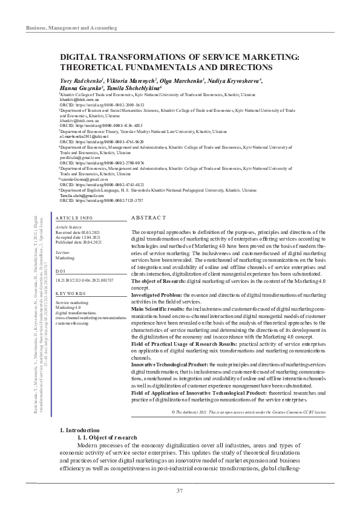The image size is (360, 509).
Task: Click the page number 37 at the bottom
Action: pos(180,490)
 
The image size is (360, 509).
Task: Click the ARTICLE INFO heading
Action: pos(74,217)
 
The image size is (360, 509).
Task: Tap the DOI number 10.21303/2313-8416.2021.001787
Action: pos(84,281)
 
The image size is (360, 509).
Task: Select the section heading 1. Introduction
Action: pos(82,396)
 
